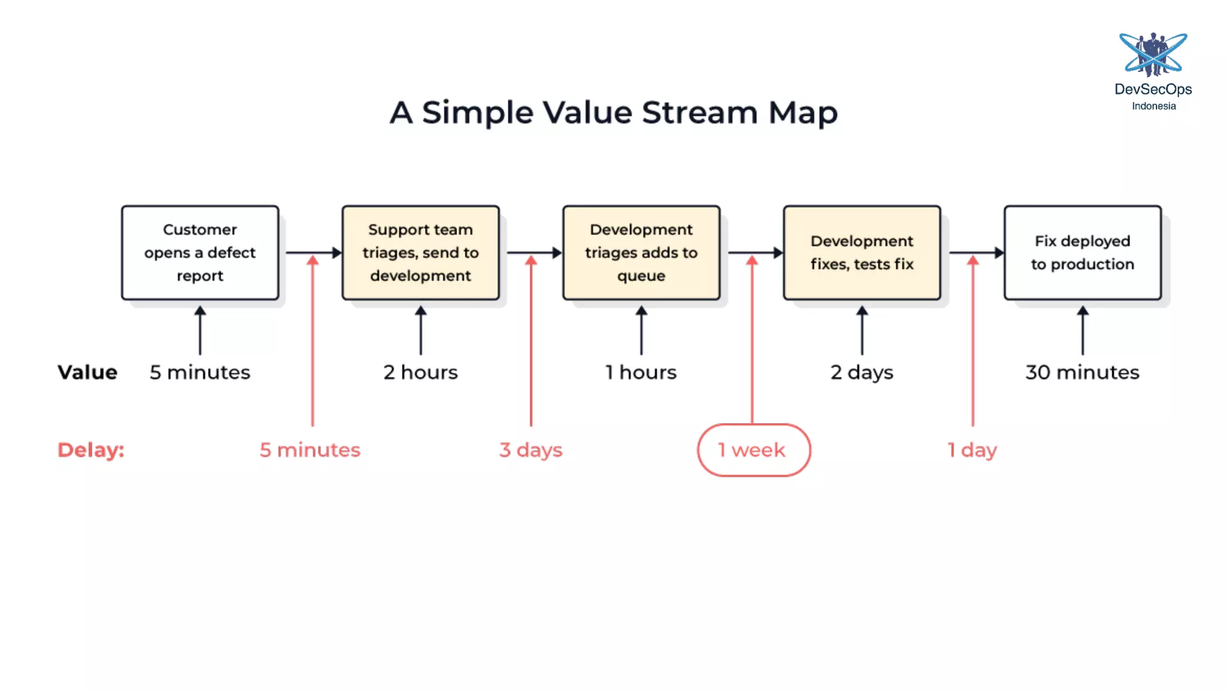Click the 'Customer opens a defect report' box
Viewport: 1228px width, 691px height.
[x=200, y=253]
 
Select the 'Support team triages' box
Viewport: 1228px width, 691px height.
[x=420, y=253]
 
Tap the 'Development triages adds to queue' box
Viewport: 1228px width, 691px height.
[x=641, y=253]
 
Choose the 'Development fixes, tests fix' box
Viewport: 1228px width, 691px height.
[x=862, y=253]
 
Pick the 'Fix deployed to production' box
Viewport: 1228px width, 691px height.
[x=1082, y=253]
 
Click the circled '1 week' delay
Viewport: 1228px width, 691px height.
[x=753, y=450]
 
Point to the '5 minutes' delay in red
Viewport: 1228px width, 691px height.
[x=310, y=450]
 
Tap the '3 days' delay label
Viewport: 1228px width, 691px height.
[x=531, y=450]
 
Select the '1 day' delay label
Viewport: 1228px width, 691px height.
[x=972, y=450]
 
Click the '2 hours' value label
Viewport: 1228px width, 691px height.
[x=420, y=372]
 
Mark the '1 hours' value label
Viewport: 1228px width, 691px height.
[x=641, y=372]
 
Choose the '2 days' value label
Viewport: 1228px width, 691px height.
[x=862, y=372]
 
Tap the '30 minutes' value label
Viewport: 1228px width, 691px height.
[x=1082, y=372]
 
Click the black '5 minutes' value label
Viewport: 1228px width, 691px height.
[x=200, y=372]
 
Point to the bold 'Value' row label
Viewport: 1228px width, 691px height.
[x=88, y=372]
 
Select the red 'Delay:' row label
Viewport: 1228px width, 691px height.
[x=91, y=450]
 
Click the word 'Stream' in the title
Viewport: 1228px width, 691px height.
[x=700, y=112]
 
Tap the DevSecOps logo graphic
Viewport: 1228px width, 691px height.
[x=1153, y=55]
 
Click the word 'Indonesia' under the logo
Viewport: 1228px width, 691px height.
[x=1154, y=106]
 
